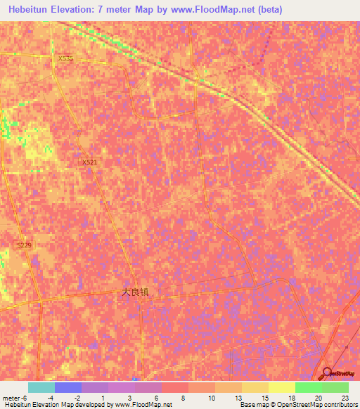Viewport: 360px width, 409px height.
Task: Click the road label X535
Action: pyautogui.click(x=65, y=58)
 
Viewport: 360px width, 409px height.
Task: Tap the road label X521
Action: pyautogui.click(x=89, y=162)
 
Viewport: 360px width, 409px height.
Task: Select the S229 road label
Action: pyautogui.click(x=25, y=244)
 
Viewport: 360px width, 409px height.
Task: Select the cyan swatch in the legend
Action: pyautogui.click(x=41, y=387)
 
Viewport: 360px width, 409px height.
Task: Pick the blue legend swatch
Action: pyautogui.click(x=67, y=387)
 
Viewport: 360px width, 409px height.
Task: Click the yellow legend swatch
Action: pyautogui.click(x=281, y=387)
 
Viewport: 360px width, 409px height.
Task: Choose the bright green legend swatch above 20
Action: pyautogui.click(x=308, y=387)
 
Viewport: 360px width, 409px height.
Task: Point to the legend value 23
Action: pyautogui.click(x=345, y=397)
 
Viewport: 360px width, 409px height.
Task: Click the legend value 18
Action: pyautogui.click(x=292, y=397)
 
